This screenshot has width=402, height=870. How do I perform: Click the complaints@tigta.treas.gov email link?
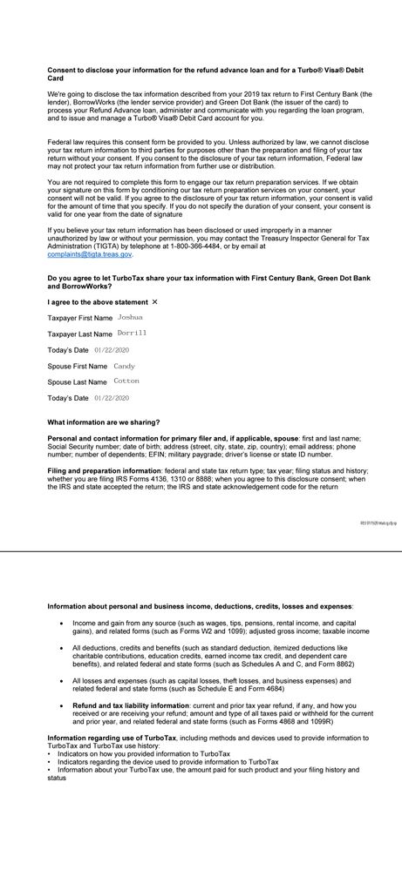90,254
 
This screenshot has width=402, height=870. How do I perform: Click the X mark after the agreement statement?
155,301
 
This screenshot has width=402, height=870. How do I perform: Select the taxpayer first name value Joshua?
130,317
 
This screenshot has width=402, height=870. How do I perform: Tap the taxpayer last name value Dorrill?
133,334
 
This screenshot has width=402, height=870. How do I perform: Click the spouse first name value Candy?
125,366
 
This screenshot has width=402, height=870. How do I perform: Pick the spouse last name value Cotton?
126,381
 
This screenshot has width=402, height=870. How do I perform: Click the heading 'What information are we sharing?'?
103,422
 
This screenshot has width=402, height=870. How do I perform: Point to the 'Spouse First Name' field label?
77,367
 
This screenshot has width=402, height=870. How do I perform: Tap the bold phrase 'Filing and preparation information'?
104,470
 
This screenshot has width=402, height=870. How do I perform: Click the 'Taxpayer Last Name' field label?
79,334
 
